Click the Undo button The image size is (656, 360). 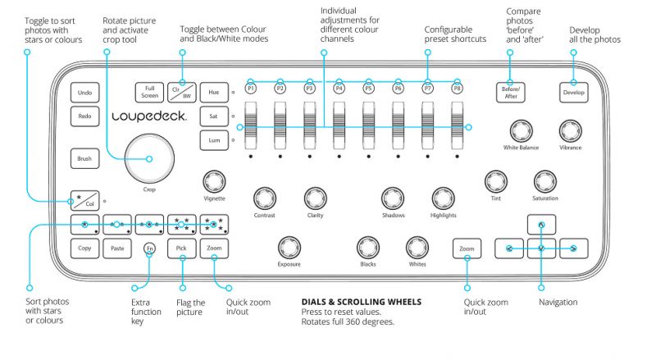(x=85, y=93)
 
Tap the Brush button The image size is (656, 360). (x=85, y=158)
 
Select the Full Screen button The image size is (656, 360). (x=149, y=93)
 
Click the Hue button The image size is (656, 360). (x=214, y=93)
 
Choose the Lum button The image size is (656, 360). (x=214, y=140)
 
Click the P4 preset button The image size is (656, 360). (x=339, y=89)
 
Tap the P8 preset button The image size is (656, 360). (x=457, y=89)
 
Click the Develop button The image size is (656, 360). (x=573, y=93)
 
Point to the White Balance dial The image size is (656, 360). (x=521, y=130)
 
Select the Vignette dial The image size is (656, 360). (x=214, y=182)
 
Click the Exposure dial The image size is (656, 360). (x=289, y=248)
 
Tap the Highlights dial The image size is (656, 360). (x=443, y=198)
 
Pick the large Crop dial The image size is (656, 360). (x=149, y=158)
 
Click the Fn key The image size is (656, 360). (x=149, y=248)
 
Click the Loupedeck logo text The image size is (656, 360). (x=149, y=116)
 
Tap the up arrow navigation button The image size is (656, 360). (x=541, y=225)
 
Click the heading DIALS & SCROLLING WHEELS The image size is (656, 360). (x=362, y=302)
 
